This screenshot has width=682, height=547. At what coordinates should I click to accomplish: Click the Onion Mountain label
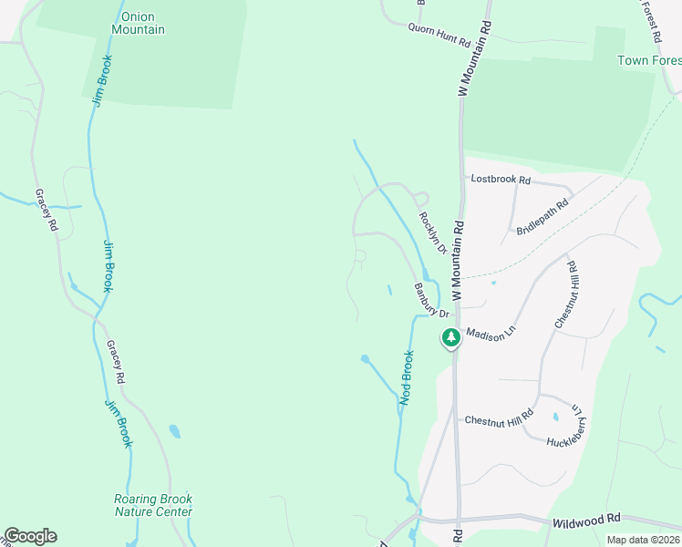tap(138, 23)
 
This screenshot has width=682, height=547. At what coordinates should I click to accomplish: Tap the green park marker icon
tap(450, 338)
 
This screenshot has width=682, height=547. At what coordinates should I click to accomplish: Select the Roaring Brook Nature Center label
tap(153, 505)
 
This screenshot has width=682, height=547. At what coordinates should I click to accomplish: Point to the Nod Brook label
tap(408, 377)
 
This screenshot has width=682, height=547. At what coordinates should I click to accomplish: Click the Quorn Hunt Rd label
tap(439, 42)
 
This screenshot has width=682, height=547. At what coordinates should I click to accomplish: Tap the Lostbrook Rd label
tap(500, 180)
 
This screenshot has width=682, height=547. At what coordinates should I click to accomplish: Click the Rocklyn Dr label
tap(431, 233)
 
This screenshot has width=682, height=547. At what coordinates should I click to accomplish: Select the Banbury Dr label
tap(432, 301)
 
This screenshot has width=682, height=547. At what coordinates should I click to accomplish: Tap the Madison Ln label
tap(491, 335)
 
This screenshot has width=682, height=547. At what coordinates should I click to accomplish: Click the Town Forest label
tap(648, 61)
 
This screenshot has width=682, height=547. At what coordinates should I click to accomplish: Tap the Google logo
tap(30, 536)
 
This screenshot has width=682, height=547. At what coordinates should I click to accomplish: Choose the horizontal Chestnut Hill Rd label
tap(498, 419)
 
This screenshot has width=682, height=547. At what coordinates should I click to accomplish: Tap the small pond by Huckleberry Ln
tap(555, 418)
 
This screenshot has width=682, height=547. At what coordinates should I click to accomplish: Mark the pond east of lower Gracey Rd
tap(174, 429)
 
